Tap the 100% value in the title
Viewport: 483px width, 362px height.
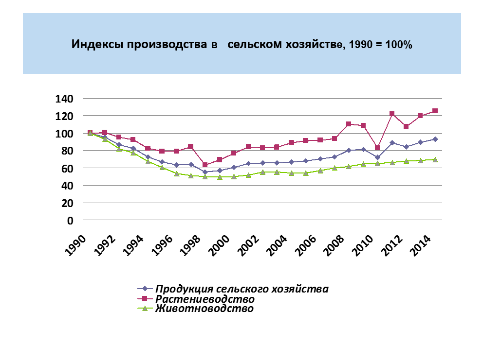399,45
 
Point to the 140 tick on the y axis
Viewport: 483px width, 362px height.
64,99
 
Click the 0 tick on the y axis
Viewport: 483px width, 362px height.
70,220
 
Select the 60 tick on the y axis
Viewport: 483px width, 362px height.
67,168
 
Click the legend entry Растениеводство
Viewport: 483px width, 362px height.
205,299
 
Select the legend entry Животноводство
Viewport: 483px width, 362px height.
204,309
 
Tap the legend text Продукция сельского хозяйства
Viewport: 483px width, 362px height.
242,289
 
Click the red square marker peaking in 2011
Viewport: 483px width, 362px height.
391,114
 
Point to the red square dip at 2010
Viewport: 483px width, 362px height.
377,148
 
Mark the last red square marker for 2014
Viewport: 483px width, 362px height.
435,111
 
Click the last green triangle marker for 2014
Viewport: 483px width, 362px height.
435,159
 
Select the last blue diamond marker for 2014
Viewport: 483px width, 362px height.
435,139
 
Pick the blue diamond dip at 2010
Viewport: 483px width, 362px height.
377,157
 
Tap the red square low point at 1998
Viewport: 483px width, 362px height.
205,165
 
